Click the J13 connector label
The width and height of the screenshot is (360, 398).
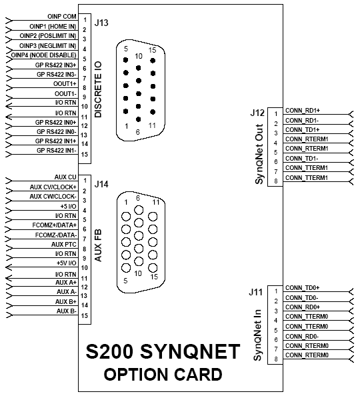(x=101, y=23)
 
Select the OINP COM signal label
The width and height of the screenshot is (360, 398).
(x=62, y=17)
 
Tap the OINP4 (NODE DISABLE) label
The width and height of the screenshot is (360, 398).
(x=44, y=55)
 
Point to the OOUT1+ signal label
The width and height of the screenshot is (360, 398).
(x=65, y=84)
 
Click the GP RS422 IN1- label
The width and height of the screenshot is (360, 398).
(x=57, y=151)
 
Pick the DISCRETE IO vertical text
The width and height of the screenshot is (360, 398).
(x=98, y=89)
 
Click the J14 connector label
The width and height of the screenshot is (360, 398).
(x=101, y=184)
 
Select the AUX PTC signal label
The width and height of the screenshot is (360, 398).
(x=64, y=245)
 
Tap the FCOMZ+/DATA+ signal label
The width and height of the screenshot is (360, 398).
(x=54, y=225)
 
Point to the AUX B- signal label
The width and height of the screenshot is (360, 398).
(x=67, y=311)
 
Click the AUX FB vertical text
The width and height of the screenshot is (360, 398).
(x=98, y=245)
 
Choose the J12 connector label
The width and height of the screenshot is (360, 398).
(x=257, y=113)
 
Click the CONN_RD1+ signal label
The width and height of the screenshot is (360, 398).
(x=303, y=111)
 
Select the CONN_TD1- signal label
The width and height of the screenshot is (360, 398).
(x=301, y=159)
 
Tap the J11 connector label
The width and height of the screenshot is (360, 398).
(x=255, y=292)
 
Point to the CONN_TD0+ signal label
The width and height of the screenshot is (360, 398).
(x=303, y=288)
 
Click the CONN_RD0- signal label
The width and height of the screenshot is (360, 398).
(x=302, y=337)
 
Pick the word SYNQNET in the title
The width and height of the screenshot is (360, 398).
(x=190, y=351)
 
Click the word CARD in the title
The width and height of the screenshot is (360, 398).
(x=198, y=375)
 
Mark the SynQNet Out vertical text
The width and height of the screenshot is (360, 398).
(x=259, y=154)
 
